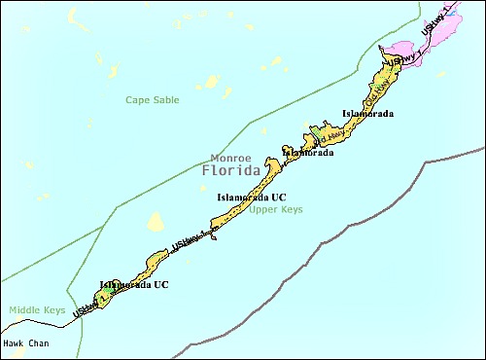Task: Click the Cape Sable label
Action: (x=153, y=99)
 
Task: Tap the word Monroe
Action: (x=230, y=158)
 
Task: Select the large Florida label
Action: (x=231, y=171)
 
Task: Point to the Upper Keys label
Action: (x=275, y=209)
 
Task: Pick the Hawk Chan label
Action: (x=25, y=343)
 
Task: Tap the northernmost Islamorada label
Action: (x=367, y=114)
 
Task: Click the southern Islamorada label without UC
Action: (x=308, y=153)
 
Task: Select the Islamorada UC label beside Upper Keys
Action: (x=251, y=198)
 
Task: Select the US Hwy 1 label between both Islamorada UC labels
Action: (x=188, y=238)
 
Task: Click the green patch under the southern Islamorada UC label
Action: (x=105, y=293)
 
